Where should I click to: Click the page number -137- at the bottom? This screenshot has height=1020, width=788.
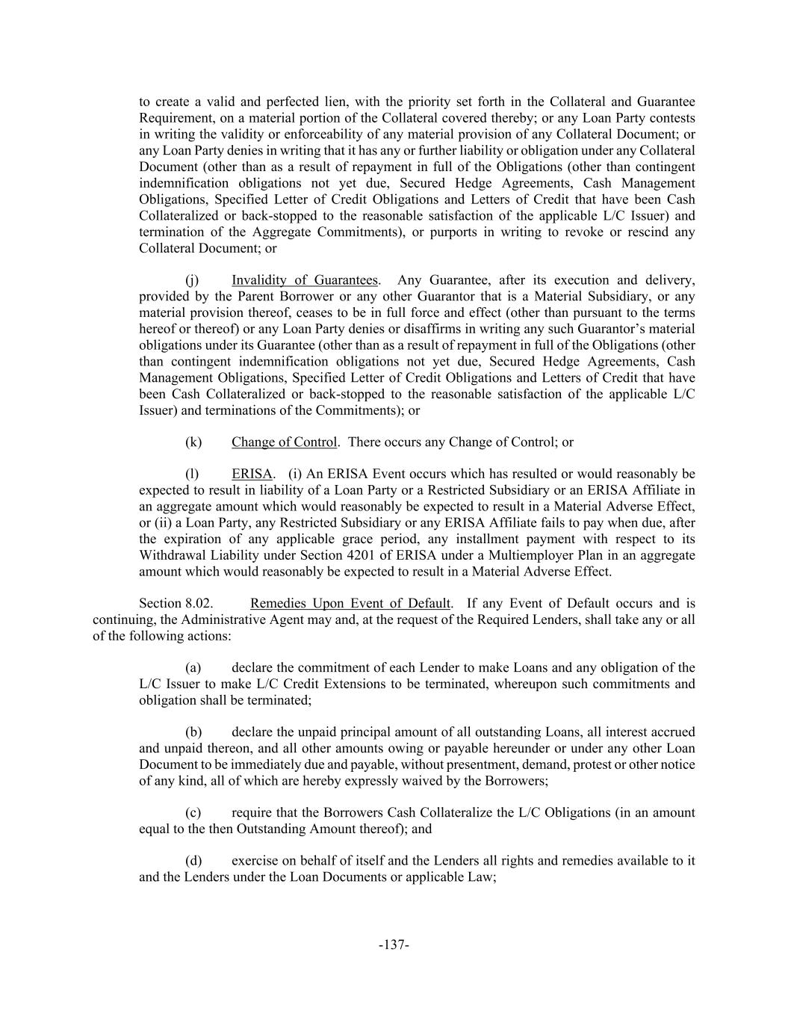tap(394, 945)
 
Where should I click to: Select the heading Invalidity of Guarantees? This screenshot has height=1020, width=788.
tap(304, 280)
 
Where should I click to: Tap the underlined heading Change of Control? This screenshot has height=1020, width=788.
tap(284, 442)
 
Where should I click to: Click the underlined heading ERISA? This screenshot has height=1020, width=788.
tap(252, 474)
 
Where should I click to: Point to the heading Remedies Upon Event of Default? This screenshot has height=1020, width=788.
tap(350, 603)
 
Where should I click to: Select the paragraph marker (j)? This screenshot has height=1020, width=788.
tap(192, 280)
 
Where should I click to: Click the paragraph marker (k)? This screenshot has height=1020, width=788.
tap(193, 442)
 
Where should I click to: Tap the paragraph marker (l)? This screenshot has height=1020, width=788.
tap(192, 474)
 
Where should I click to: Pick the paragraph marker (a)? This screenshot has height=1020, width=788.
tap(193, 667)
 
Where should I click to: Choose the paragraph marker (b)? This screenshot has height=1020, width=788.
tap(193, 732)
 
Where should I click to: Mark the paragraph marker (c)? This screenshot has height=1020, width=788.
tap(193, 812)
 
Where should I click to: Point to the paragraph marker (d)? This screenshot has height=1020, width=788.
tap(193, 860)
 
